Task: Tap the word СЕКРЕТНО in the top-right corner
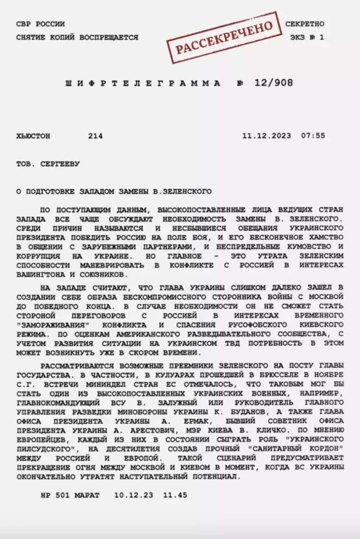(x=304, y=24)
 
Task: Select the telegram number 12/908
(x=273, y=83)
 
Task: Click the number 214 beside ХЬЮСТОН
(x=95, y=136)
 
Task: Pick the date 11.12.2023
(x=266, y=136)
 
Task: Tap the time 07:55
(x=313, y=136)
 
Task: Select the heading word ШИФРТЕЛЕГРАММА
(x=143, y=84)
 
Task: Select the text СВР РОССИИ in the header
(x=40, y=24)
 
